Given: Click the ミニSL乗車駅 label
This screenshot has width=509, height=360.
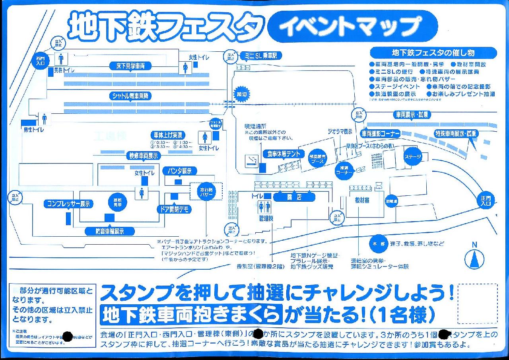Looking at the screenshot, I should click(261, 56).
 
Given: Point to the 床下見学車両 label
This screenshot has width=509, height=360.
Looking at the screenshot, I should click(130, 66).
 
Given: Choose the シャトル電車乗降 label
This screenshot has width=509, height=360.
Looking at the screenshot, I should click(131, 96).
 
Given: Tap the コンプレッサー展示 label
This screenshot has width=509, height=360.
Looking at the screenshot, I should click(68, 204).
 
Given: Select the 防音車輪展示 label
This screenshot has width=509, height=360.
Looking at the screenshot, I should click(110, 231).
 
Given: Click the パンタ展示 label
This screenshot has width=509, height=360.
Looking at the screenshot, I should click(180, 171).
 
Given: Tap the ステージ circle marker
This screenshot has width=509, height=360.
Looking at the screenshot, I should click(413, 156).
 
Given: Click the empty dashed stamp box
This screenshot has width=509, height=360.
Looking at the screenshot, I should click(478, 304).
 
